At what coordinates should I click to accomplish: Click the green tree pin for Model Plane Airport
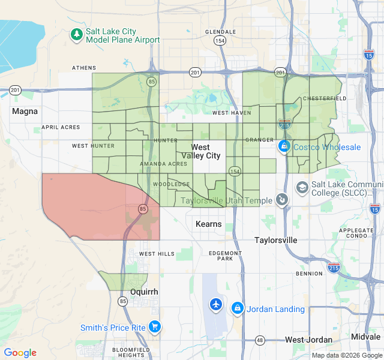click(76, 35)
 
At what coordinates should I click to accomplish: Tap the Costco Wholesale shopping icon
click(284, 146)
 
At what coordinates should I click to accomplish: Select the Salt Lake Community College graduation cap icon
click(302, 188)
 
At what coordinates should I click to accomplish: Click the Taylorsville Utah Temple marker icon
click(282, 200)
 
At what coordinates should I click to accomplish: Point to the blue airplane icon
click(216, 305)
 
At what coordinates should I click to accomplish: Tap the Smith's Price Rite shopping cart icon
click(155, 327)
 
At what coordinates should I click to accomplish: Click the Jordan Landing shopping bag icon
click(237, 308)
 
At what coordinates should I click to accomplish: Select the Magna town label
click(25, 111)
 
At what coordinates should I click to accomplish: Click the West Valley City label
click(201, 151)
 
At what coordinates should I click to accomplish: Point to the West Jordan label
click(308, 340)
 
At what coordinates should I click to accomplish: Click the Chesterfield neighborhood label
click(324, 98)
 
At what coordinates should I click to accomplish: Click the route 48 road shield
click(259, 340)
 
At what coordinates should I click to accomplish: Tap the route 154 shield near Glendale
click(220, 41)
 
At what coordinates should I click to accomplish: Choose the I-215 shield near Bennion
click(333, 268)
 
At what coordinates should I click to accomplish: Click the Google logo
click(20, 353)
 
